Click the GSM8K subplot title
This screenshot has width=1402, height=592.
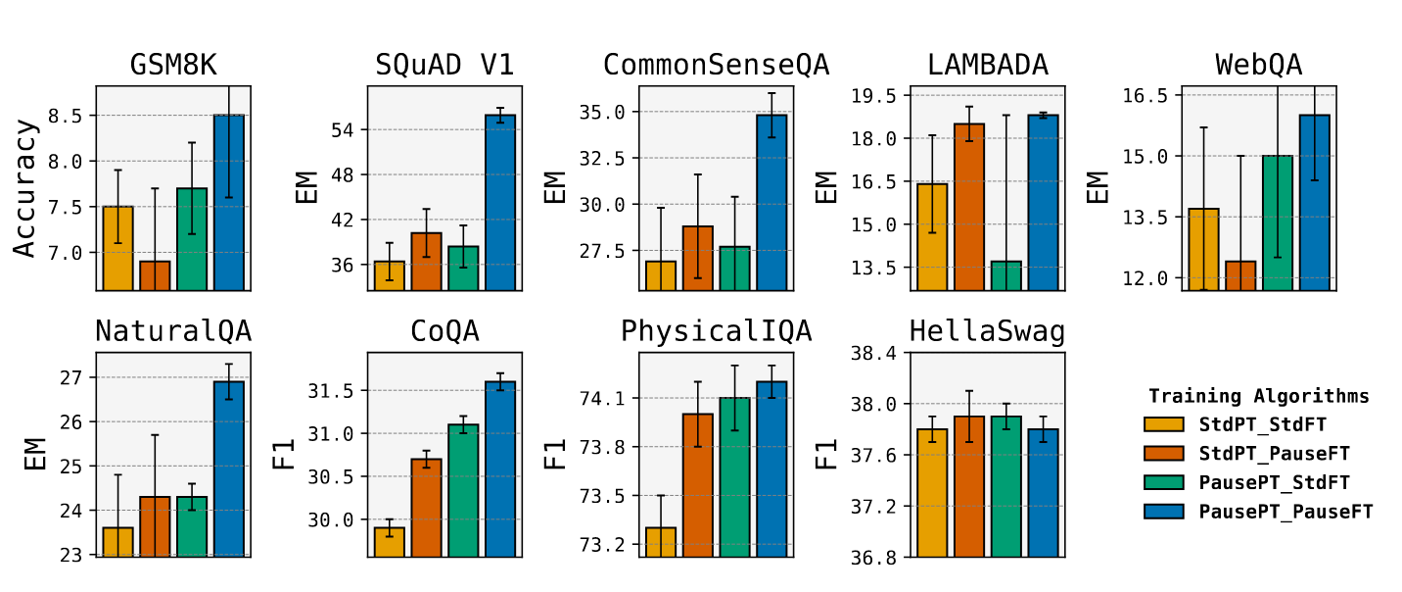pos(173,66)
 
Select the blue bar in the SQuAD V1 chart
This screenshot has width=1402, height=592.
pos(500,202)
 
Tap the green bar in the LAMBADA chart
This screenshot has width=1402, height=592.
pos(1005,275)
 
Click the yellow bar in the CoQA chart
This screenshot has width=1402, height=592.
pos(390,542)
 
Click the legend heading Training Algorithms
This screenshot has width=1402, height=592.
pos(1258,397)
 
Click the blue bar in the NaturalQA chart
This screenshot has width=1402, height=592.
pos(229,469)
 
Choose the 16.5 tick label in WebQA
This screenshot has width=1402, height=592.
pos(1147,95)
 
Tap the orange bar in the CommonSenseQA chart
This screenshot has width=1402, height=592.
pos(698,258)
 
